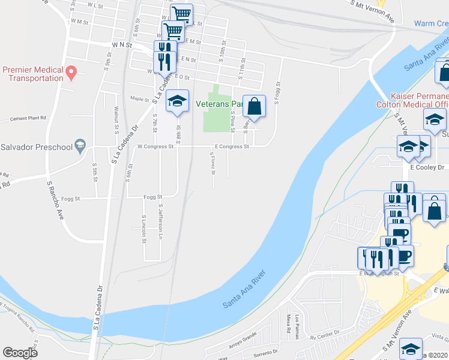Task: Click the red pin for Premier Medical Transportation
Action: coord(71,74)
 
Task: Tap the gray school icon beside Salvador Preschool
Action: coord(80,146)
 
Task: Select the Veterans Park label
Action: coord(218,103)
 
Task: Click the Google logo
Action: coord(20,352)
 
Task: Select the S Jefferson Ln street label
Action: coord(161,220)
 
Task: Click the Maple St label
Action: coord(139,99)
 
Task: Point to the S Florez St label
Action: coord(212,163)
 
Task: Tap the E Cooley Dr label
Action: coord(427,167)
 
